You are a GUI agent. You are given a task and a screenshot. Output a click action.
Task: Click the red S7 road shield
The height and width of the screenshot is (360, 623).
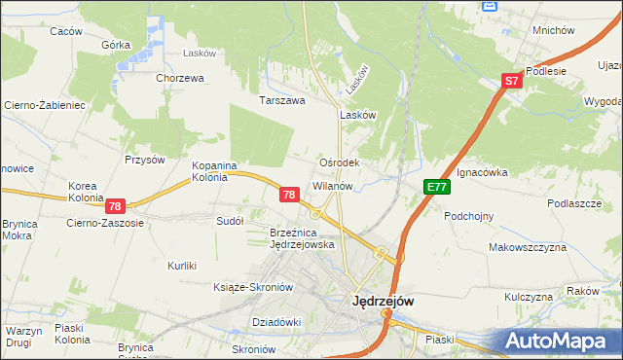pyautogui.click(x=513, y=83)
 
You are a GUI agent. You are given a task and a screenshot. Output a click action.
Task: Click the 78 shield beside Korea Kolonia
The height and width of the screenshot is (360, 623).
pyautogui.click(x=115, y=206)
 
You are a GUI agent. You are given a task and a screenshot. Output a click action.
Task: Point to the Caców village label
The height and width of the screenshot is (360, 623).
pyautogui.click(x=65, y=31)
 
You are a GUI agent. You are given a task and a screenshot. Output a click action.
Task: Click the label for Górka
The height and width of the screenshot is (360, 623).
pyautogui.click(x=116, y=45)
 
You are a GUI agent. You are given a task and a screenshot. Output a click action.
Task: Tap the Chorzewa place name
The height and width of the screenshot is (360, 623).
pyautogui.click(x=179, y=78)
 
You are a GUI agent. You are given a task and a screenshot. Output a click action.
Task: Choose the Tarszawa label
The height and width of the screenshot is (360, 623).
pyautogui.click(x=282, y=100)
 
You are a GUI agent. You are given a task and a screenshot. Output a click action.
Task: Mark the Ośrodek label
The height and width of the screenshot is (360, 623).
pyautogui.click(x=341, y=162)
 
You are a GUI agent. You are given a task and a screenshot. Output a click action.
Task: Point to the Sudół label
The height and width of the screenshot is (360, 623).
pyautogui.click(x=230, y=221)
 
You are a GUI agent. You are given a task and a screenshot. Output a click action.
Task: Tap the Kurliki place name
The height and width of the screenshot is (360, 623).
pyautogui.click(x=182, y=266)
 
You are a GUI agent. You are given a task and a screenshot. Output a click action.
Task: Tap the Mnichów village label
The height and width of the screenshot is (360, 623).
pyautogui.click(x=553, y=30)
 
